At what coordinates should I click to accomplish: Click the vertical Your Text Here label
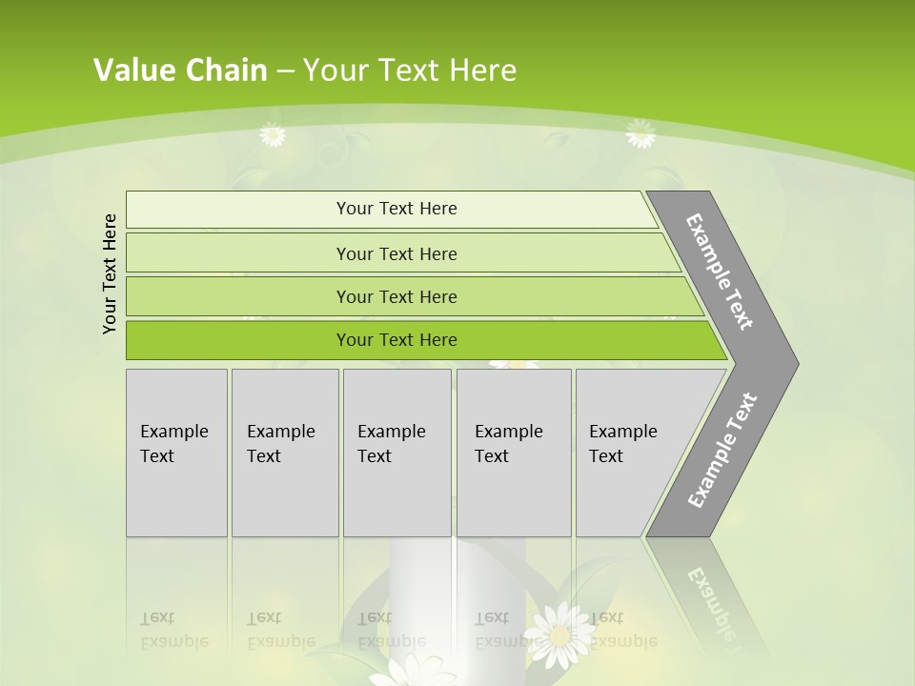110,273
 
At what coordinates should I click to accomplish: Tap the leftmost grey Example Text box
176,453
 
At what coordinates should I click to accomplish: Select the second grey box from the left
285,453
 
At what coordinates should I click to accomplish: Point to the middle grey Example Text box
396,453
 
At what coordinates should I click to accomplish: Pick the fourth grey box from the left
514,453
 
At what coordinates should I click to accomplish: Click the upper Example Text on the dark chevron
720,272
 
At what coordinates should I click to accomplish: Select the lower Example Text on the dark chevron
722,450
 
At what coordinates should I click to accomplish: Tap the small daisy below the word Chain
273,135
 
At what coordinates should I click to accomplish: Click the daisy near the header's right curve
640,134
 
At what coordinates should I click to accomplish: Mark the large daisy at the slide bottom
560,633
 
